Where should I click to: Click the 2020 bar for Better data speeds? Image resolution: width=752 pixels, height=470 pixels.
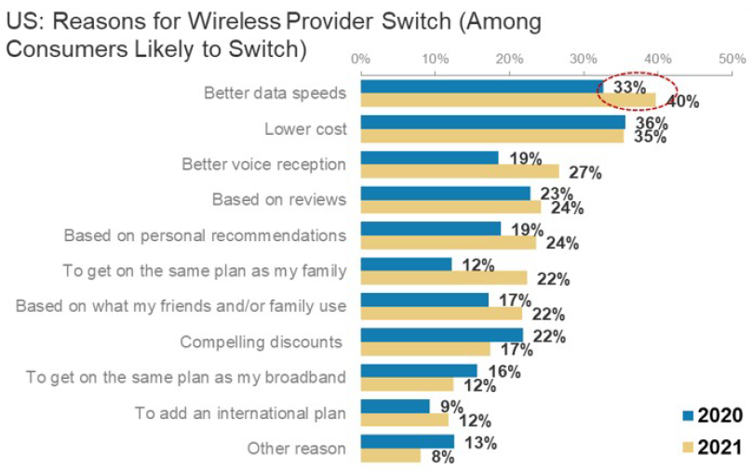(480, 87)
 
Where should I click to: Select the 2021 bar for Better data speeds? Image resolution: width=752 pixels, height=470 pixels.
(507, 100)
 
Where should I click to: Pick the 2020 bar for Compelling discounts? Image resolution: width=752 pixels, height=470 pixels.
(441, 335)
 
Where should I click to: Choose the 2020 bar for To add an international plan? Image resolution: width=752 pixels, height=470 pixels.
(395, 406)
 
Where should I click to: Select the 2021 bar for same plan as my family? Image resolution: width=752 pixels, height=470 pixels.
(443, 277)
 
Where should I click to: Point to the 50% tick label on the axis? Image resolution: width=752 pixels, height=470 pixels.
(733, 59)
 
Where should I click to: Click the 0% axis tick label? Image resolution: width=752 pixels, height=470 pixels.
(360, 59)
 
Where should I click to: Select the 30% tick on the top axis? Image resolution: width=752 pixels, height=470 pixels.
(584, 59)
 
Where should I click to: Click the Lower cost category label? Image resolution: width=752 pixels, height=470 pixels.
(305, 128)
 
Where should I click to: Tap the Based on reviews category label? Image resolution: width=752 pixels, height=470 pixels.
(279, 199)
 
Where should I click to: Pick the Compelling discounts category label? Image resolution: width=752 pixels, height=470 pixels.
(262, 342)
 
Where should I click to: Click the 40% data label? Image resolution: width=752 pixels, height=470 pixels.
(682, 102)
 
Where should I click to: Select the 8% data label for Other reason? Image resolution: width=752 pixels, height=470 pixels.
(442, 457)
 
